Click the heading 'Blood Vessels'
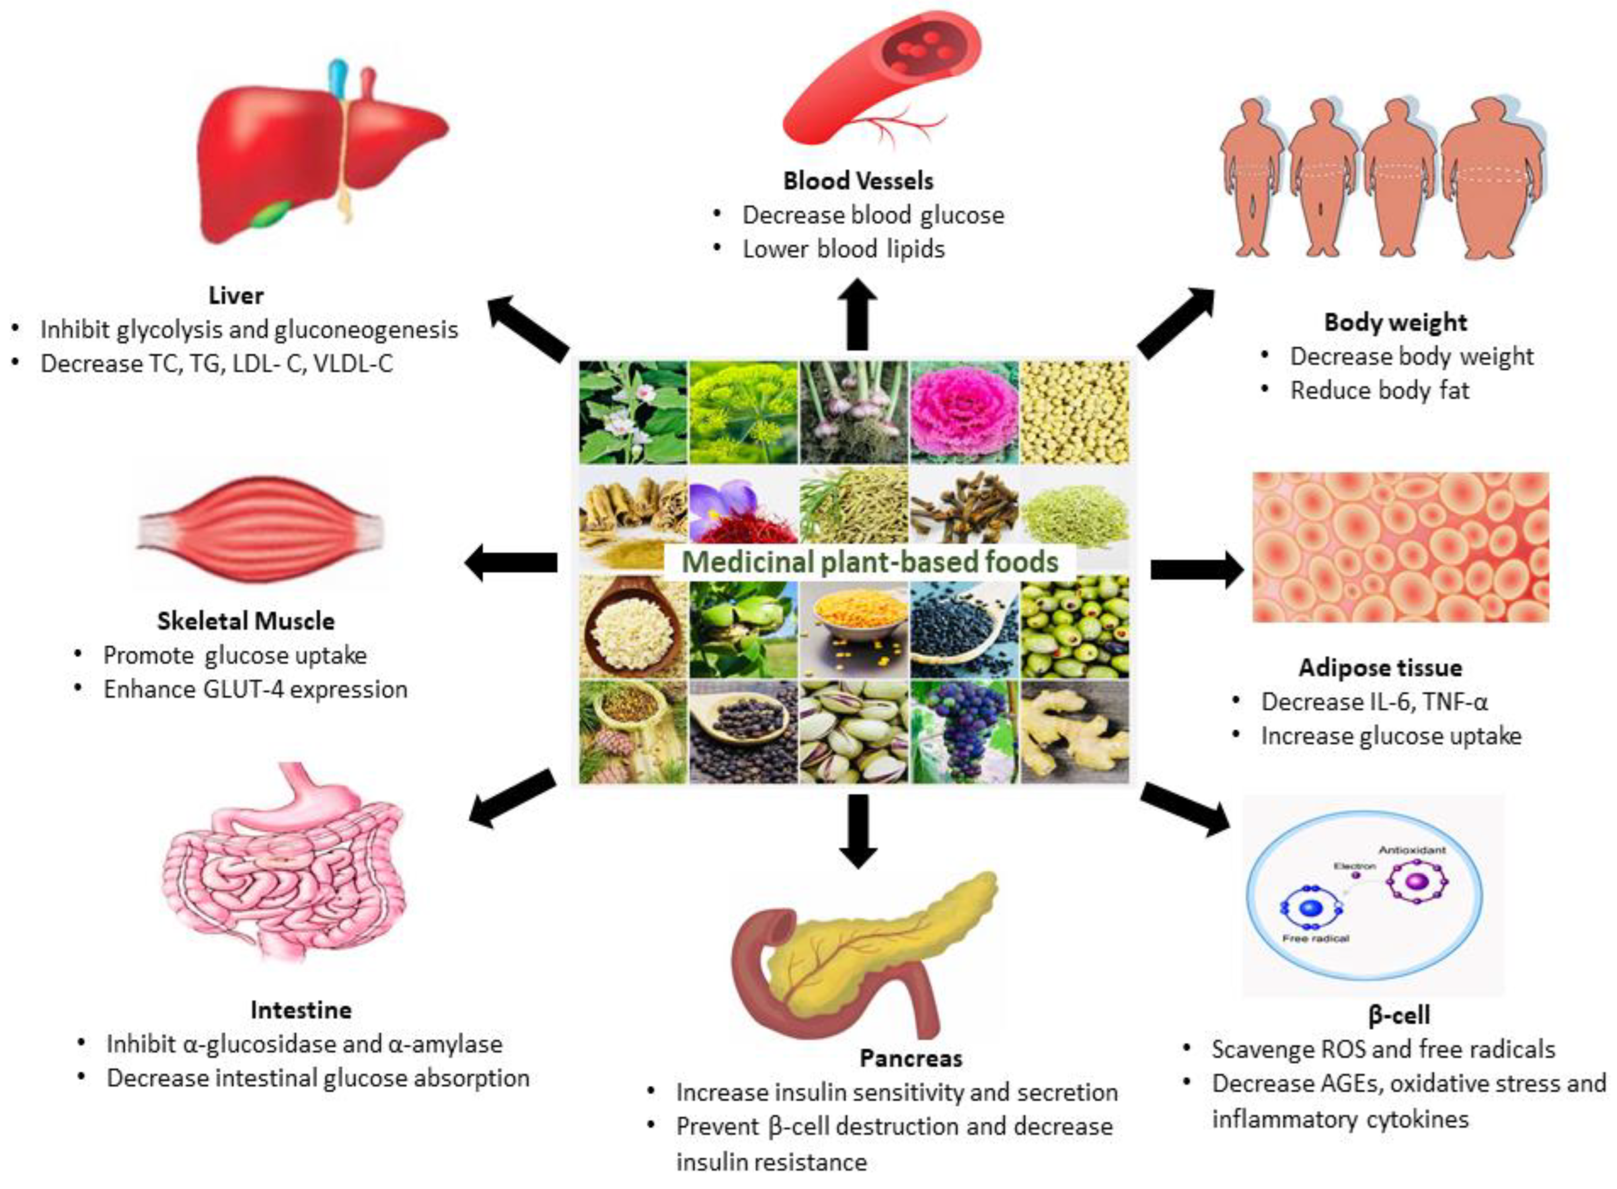point(858,181)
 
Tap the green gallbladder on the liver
point(273,214)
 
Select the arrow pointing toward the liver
point(529,327)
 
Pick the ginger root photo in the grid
point(1074,732)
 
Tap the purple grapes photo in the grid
point(964,732)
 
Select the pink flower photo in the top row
point(964,412)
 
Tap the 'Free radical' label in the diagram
point(1315,939)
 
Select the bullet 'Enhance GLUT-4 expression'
point(255,690)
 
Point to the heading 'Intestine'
point(301,1010)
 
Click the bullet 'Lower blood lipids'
point(843,249)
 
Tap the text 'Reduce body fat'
point(1379,391)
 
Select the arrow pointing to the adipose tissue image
point(1196,570)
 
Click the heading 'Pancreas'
point(910,1058)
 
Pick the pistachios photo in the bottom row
point(853,732)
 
